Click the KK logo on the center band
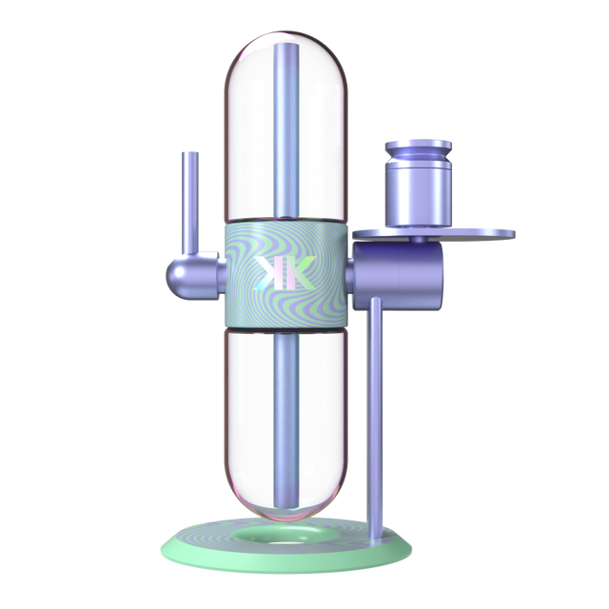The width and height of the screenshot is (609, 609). (x=285, y=272)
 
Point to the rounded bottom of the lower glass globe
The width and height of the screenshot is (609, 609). (x=285, y=501)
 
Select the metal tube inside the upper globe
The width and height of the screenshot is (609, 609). (x=286, y=130)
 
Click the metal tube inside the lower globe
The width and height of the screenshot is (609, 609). (x=286, y=422)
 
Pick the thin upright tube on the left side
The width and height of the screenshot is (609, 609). (x=190, y=202)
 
